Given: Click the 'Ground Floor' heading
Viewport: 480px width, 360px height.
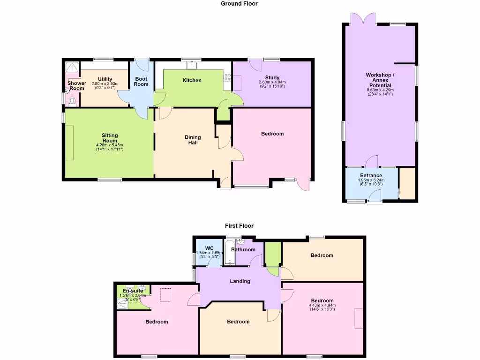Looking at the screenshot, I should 239,4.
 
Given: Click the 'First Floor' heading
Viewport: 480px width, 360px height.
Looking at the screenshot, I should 239,226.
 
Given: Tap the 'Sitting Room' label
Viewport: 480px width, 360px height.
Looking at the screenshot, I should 110,138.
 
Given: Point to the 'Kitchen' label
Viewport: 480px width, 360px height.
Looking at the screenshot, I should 192,81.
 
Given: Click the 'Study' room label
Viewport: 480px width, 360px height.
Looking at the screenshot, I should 272,78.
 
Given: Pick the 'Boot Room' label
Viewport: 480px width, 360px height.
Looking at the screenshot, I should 141,82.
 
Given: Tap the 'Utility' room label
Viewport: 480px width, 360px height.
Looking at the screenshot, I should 105,79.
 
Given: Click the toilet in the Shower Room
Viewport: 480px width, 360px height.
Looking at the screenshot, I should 72,100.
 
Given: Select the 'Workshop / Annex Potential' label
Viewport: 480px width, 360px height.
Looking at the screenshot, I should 380,80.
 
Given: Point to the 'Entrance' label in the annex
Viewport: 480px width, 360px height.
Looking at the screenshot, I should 371,176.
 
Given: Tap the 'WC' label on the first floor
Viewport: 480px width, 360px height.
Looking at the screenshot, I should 210,248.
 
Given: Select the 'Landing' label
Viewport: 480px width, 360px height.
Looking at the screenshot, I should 240,281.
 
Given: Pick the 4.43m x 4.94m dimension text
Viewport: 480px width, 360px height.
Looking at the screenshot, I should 322,306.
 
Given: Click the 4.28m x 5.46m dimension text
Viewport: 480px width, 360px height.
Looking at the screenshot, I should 110,145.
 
